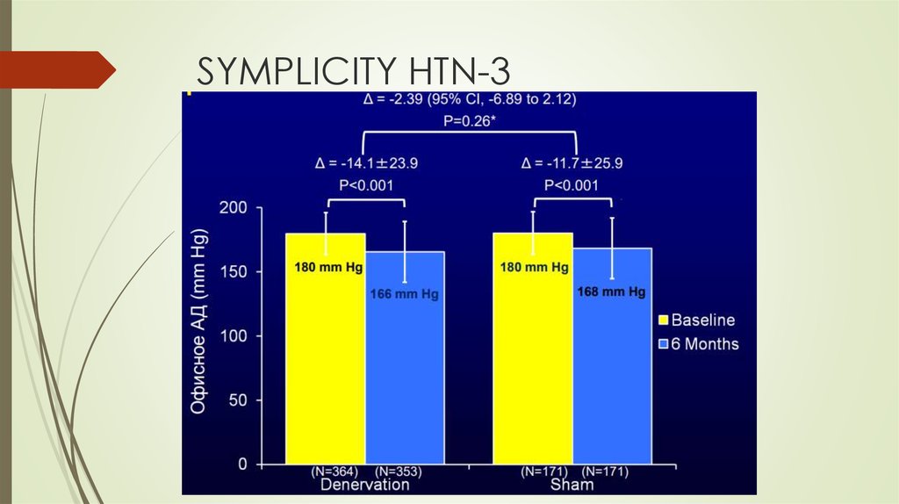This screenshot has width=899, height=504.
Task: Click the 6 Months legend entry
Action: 698,343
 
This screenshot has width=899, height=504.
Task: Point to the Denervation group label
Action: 365,485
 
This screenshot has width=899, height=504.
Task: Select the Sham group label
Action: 572,485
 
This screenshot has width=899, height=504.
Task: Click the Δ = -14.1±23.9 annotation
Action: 367,163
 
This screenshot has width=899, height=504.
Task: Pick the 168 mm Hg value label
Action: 612,292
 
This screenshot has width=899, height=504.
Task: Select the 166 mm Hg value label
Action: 405,295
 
